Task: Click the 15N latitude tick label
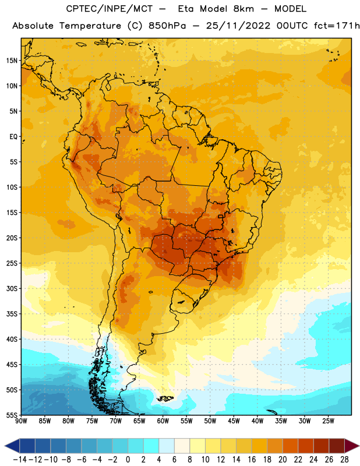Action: click(x=12, y=61)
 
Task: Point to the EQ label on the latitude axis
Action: click(x=13, y=137)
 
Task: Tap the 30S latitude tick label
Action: click(x=12, y=288)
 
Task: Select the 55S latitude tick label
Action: click(x=12, y=415)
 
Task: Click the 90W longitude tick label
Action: click(x=21, y=421)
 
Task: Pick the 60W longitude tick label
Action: click(x=163, y=421)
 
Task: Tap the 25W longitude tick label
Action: click(x=328, y=421)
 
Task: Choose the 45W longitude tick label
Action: click(x=234, y=421)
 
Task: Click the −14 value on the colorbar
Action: click(x=20, y=460)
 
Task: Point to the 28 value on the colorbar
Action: click(x=344, y=460)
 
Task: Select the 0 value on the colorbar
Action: click(x=128, y=460)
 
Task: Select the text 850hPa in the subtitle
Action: click(x=167, y=26)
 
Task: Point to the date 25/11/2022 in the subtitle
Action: click(x=238, y=26)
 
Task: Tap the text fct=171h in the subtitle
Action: click(x=337, y=26)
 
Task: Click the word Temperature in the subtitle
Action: click(x=90, y=26)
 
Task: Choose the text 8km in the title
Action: click(x=243, y=9)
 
